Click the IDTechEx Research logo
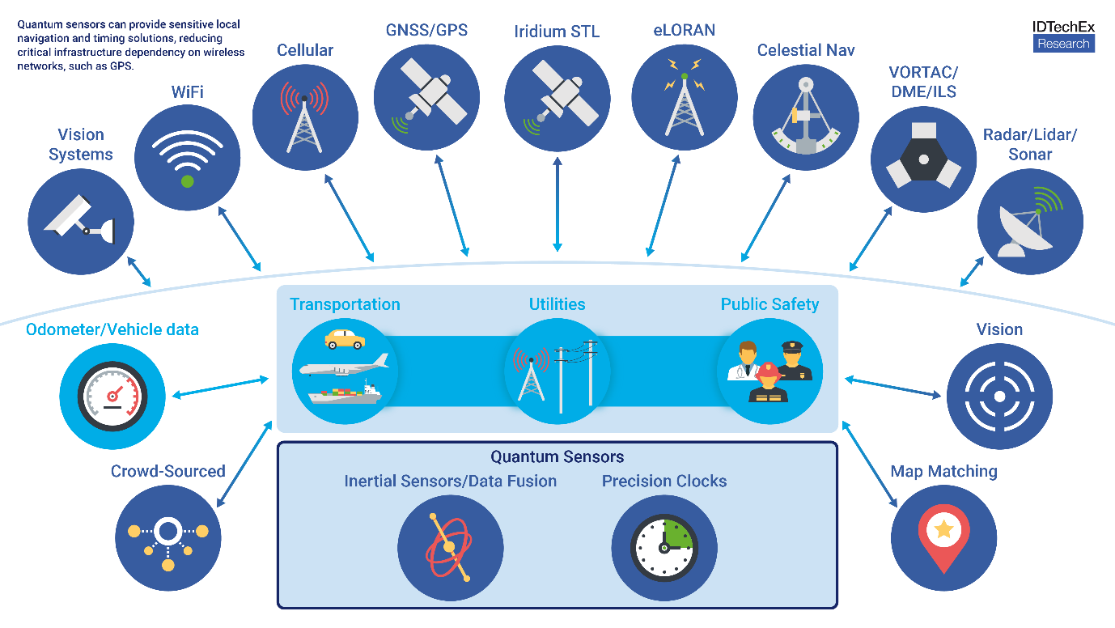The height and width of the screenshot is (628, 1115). coord(1063,36)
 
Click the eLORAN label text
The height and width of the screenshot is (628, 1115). coord(684,31)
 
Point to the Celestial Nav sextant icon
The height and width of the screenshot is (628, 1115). coord(806,117)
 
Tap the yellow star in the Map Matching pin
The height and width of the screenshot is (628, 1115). coord(943,529)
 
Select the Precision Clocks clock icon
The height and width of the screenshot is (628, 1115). coord(663,547)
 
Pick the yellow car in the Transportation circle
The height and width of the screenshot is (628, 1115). coord(344,338)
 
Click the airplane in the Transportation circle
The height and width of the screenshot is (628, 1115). coord(343,367)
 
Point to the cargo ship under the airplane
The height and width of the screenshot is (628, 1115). coord(344,394)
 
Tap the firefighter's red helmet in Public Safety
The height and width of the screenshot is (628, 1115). coord(769,371)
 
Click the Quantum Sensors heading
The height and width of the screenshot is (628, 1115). coord(557,457)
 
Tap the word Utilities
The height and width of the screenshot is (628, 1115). coord(557,304)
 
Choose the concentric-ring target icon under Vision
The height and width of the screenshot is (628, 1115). coord(999,397)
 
